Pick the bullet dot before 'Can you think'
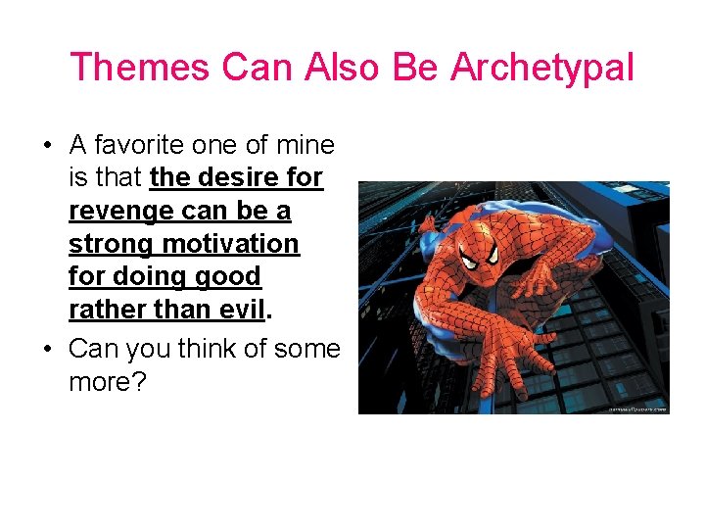coord(47,350)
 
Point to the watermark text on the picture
coord(636,409)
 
